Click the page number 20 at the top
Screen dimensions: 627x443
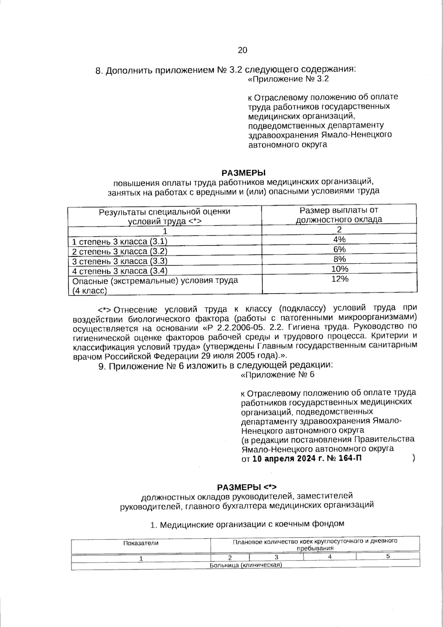pyautogui.click(x=243, y=50)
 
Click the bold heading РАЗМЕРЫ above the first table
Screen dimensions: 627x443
pyautogui.click(x=244, y=173)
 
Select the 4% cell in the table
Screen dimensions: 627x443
pyautogui.click(x=339, y=239)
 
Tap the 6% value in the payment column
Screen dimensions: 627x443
pyautogui.click(x=339, y=249)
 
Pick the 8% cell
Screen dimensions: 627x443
pyautogui.click(x=339, y=259)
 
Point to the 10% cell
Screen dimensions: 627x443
pyautogui.click(x=339, y=269)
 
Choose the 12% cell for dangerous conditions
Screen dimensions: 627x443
pyautogui.click(x=340, y=279)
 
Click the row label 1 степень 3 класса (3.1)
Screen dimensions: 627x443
pyautogui.click(x=120, y=242)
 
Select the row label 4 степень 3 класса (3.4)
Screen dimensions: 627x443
pyautogui.click(x=120, y=271)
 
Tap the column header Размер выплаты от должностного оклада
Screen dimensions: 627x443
pyautogui.click(x=339, y=215)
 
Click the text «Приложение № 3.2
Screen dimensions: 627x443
pyautogui.click(x=288, y=79)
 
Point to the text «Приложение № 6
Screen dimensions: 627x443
pyautogui.click(x=277, y=375)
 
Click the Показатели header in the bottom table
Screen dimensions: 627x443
pyautogui.click(x=141, y=543)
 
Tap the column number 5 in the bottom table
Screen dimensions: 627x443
pyautogui.click(x=388, y=556)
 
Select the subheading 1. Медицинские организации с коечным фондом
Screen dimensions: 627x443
pyautogui.click(x=247, y=524)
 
